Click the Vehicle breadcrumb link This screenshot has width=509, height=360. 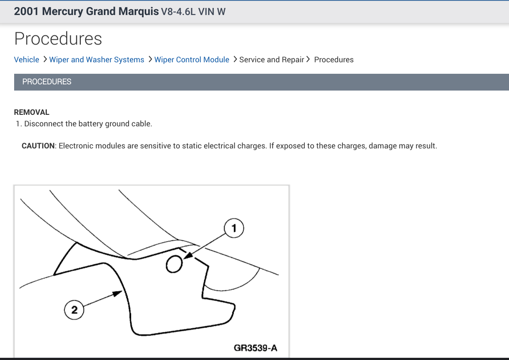tap(27, 60)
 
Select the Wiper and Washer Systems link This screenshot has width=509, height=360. tap(96, 60)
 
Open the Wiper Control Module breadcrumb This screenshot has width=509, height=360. tap(191, 60)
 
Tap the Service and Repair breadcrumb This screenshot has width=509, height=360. tap(271, 60)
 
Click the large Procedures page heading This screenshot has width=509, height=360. tap(58, 39)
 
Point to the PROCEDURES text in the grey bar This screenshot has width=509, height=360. tap(47, 82)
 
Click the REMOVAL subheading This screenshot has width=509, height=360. tap(32, 112)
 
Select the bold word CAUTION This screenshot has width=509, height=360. tap(38, 146)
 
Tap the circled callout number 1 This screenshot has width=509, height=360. tap(234, 228)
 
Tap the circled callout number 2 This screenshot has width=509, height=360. tap(74, 310)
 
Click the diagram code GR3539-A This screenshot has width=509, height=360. tap(255, 348)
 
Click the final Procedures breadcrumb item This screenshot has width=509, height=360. tap(334, 60)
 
